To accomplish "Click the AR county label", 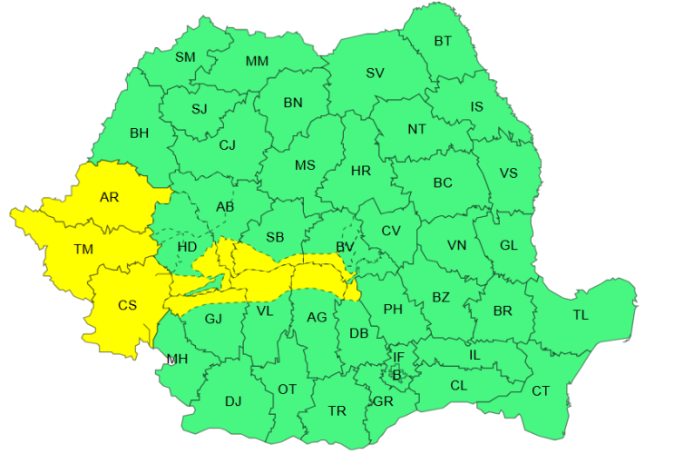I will click(109, 197).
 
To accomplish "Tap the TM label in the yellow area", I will click(83, 249).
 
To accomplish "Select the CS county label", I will click(127, 305).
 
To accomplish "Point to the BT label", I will click(443, 41).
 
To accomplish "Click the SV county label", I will click(375, 74).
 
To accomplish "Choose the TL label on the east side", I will click(581, 315).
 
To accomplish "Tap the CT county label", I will click(541, 391).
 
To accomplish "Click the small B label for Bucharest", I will click(396, 374).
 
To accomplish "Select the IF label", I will click(398, 357).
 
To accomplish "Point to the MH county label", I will click(177, 360).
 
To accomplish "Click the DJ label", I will click(233, 400).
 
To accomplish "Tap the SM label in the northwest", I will click(185, 57).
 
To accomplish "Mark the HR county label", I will click(360, 171).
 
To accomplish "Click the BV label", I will click(345, 247).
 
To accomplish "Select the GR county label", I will click(383, 401).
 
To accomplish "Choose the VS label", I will click(509, 173).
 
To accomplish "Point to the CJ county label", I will click(227, 144).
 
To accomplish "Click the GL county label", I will click(509, 245).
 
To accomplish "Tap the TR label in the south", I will click(337, 411).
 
